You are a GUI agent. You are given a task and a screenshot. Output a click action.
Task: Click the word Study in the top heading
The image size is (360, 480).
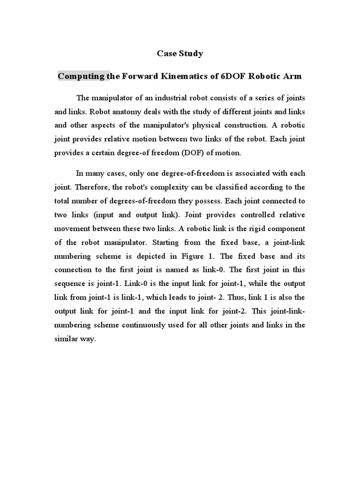click(x=192, y=53)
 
